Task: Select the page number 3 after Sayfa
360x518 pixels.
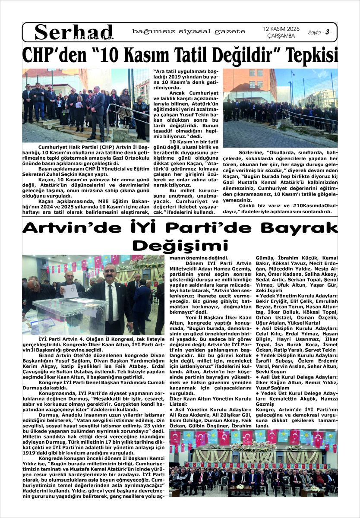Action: tap(328, 32)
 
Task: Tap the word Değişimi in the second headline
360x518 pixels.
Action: tap(180, 245)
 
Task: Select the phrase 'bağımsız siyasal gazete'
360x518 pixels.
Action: tap(189, 32)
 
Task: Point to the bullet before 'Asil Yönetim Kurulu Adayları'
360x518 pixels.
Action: tap(171, 409)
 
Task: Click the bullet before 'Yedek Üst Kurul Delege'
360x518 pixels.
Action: tap(258, 394)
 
